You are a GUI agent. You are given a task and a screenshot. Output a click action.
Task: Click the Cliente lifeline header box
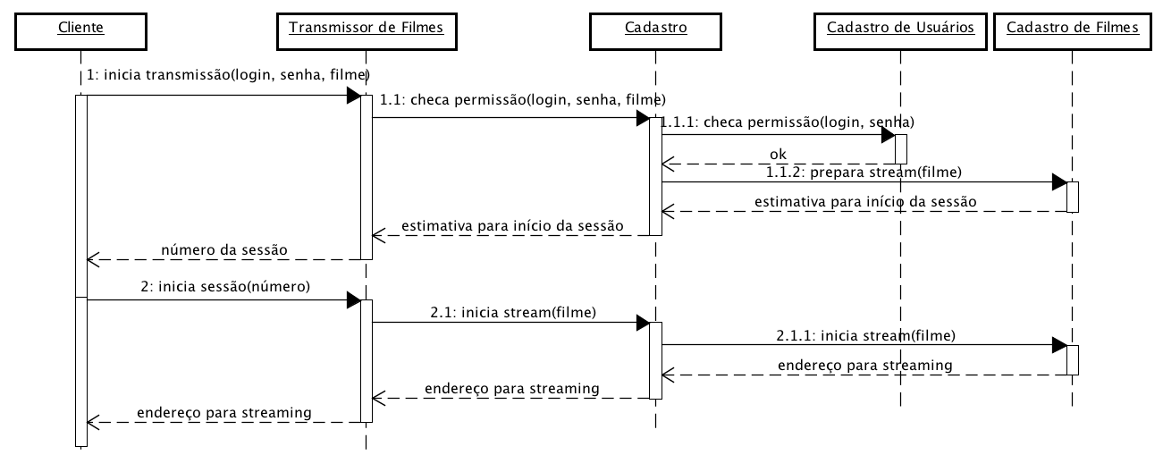coord(80,28)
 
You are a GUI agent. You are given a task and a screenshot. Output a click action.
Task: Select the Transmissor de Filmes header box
coord(366,28)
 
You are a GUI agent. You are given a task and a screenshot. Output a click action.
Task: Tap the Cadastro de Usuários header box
coord(899,28)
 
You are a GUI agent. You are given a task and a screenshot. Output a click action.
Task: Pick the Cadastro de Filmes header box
coord(1072,28)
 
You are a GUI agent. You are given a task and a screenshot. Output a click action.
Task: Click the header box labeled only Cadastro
coord(655,28)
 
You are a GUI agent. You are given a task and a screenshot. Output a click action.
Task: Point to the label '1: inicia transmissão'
coord(229,74)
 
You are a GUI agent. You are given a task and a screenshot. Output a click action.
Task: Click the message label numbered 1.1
coord(523,99)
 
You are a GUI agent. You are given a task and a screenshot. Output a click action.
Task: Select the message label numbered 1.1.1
coord(788,121)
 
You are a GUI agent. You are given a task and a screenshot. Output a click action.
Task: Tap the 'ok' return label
coord(778,154)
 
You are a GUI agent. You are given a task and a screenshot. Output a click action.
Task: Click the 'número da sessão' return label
coord(224,249)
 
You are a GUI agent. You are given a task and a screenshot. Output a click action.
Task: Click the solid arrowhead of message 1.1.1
coord(888,134)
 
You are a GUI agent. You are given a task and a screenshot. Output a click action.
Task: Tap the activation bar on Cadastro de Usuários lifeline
coord(900,148)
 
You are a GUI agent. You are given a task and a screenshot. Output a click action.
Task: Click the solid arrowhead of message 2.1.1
coord(1059,345)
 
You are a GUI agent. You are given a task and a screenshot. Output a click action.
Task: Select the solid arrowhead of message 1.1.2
coord(1059,182)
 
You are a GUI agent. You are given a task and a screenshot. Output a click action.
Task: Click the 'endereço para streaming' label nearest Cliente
coord(223,412)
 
